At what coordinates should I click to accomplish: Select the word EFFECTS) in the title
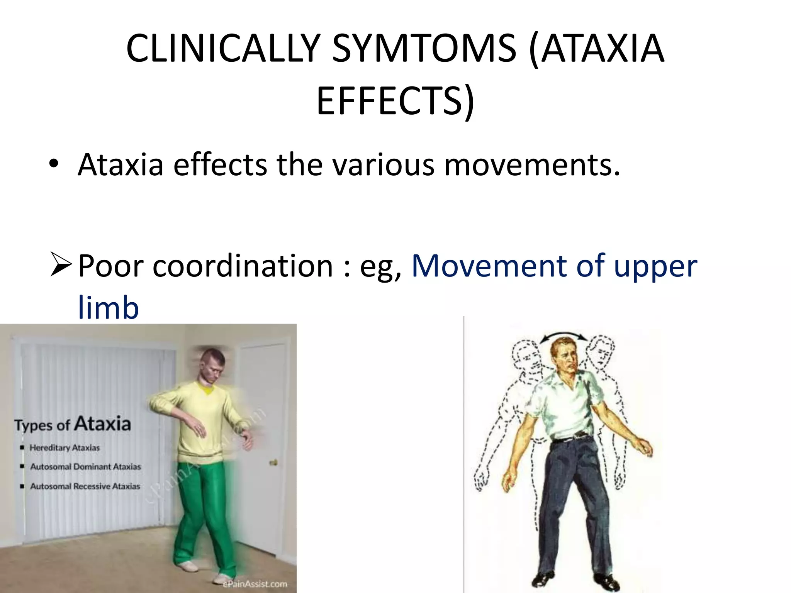[395, 101]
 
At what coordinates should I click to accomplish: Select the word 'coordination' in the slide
[243, 266]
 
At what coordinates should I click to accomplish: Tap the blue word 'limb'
[108, 307]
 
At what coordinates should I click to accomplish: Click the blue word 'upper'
[655, 266]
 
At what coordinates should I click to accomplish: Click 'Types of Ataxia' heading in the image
[73, 424]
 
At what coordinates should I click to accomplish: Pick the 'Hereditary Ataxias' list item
[65, 448]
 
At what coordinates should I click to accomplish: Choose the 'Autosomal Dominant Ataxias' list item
[85, 467]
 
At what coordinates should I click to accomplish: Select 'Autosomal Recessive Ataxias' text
[85, 486]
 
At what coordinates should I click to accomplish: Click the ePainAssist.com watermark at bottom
[255, 584]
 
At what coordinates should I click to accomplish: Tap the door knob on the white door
[273, 462]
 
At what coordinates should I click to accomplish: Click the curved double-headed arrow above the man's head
[564, 337]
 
